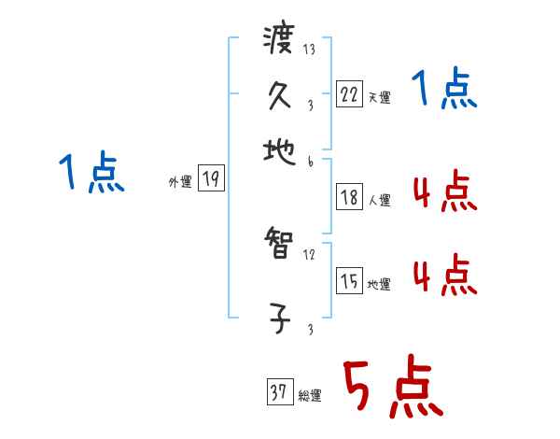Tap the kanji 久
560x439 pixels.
tap(279, 94)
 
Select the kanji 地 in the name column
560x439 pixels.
tap(279, 149)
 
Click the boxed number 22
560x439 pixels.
tap(348, 94)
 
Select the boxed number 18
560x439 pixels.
tap(348, 197)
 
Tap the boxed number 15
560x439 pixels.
tap(348, 281)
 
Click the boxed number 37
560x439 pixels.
tap(277, 392)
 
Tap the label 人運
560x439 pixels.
tap(379, 200)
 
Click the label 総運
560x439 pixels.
tap(310, 395)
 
